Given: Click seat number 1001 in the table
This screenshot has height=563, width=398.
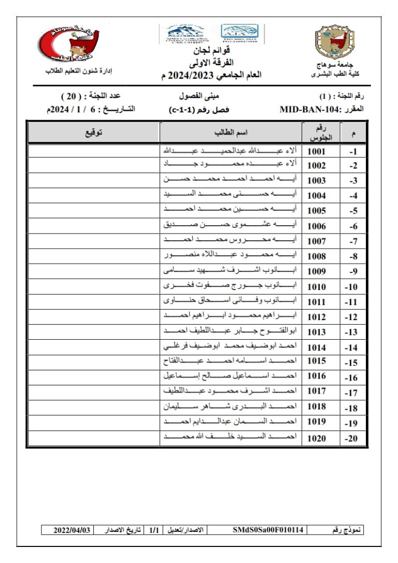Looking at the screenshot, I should pos(317,151).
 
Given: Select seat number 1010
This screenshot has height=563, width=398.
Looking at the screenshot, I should pos(317,287).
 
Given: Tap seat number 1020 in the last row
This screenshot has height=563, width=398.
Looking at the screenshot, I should pos(317,438).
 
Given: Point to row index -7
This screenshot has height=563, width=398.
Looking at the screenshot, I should pos(353,242).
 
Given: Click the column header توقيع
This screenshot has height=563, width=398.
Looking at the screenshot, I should pos(93,133).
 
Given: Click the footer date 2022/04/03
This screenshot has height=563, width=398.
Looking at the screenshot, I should pos(72,530).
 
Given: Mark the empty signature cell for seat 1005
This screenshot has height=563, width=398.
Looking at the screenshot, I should pos(93,211).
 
